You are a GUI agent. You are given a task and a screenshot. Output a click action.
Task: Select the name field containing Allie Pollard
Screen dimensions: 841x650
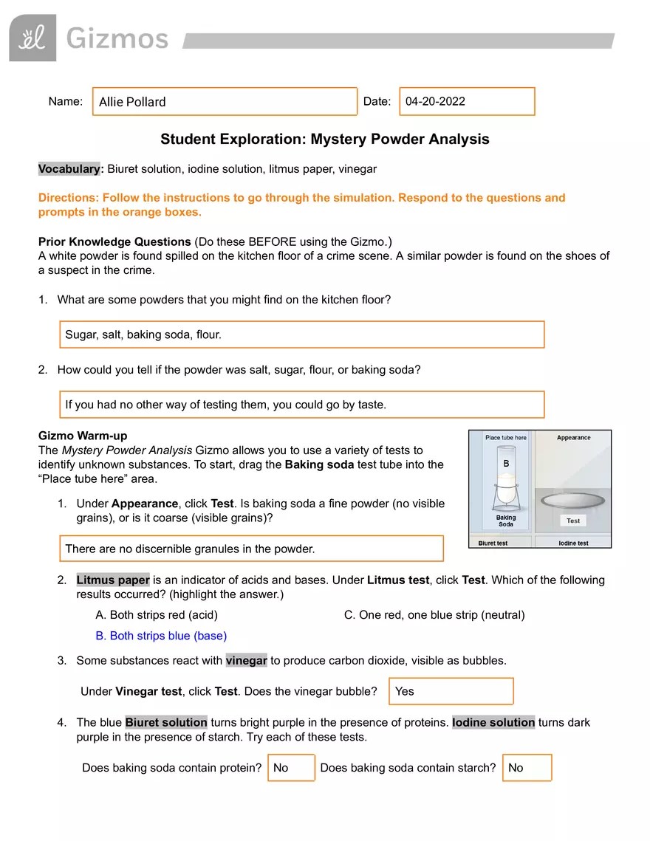pyautogui.click(x=225, y=102)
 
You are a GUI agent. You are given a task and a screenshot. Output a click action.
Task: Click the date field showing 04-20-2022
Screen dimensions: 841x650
pyautogui.click(x=466, y=102)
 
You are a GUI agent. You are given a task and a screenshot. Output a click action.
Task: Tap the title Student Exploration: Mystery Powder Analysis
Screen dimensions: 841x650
pyautogui.click(x=324, y=140)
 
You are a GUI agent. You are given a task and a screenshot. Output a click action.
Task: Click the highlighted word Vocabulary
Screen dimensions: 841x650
pyautogui.click(x=71, y=169)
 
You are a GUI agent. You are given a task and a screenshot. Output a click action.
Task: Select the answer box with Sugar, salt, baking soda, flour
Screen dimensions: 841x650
pyautogui.click(x=301, y=334)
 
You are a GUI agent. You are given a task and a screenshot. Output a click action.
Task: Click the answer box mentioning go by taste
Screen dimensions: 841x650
pyautogui.click(x=301, y=405)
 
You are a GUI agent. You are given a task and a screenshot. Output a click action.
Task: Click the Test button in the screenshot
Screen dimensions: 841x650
pyautogui.click(x=573, y=521)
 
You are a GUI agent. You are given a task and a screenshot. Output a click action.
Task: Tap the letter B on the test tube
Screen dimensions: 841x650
pyautogui.click(x=506, y=464)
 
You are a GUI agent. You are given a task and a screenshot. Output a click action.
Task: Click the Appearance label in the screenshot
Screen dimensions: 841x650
pyautogui.click(x=573, y=438)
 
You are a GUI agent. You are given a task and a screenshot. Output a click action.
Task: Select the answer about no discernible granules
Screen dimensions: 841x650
pyautogui.click(x=251, y=549)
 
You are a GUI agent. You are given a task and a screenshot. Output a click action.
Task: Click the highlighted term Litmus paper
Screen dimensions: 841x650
pyautogui.click(x=113, y=580)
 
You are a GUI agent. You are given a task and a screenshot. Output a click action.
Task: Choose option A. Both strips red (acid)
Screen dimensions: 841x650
pyautogui.click(x=157, y=615)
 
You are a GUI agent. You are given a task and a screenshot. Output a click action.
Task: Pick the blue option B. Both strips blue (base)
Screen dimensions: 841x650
pyautogui.click(x=161, y=636)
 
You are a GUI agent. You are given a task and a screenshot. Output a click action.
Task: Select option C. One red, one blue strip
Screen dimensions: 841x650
pyautogui.click(x=434, y=615)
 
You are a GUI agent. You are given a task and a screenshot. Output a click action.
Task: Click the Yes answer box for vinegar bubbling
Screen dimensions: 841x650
pyautogui.click(x=451, y=692)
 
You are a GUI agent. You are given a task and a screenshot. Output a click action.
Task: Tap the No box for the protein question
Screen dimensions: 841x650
pyautogui.click(x=291, y=768)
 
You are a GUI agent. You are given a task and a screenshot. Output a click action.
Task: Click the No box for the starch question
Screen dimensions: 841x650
pyautogui.click(x=527, y=768)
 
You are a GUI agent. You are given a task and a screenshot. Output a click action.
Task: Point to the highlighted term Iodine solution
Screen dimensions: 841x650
pyautogui.click(x=493, y=723)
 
